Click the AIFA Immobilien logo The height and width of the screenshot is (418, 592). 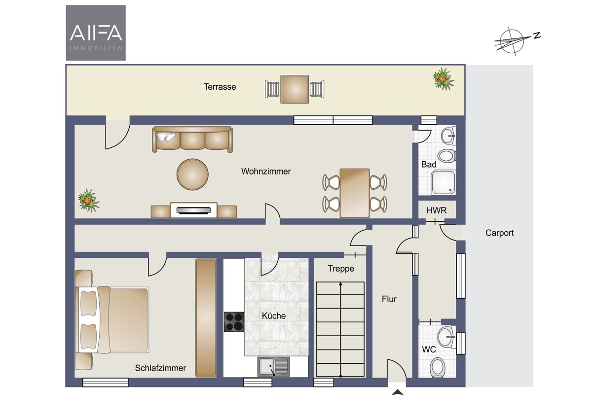pyautogui.click(x=96, y=33)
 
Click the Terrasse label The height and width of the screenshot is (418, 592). pyautogui.click(x=220, y=87)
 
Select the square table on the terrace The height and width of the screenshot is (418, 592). pyautogui.click(x=295, y=89)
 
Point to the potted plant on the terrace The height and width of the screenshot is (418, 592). pyautogui.click(x=444, y=78)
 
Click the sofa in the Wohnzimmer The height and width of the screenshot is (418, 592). pyautogui.click(x=192, y=139)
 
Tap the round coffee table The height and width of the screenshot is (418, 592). pyautogui.click(x=192, y=174)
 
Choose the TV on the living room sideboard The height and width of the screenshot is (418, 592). pyautogui.click(x=193, y=210)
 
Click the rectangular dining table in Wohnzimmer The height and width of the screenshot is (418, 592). pyautogui.click(x=355, y=193)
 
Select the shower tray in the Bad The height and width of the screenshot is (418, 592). pyautogui.click(x=443, y=182)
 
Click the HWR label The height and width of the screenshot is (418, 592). pyautogui.click(x=437, y=210)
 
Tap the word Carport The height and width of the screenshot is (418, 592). pyautogui.click(x=499, y=233)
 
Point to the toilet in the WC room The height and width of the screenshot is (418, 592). pyautogui.click(x=438, y=368)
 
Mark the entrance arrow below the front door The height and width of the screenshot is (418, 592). pyautogui.click(x=398, y=393)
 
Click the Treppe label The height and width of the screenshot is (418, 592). pyautogui.click(x=341, y=269)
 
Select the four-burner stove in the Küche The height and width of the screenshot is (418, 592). pyautogui.click(x=234, y=321)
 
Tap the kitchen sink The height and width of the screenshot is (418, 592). pyautogui.click(x=273, y=367)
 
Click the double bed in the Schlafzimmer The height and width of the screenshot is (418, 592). pyautogui.click(x=112, y=320)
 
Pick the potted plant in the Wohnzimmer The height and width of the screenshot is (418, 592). pyautogui.click(x=88, y=201)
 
